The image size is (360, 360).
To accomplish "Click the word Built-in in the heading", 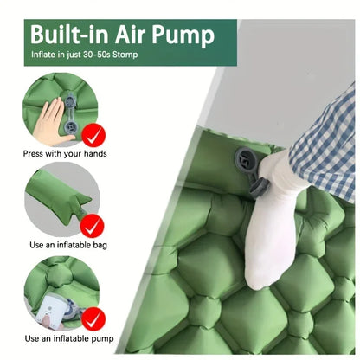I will (70, 36).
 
